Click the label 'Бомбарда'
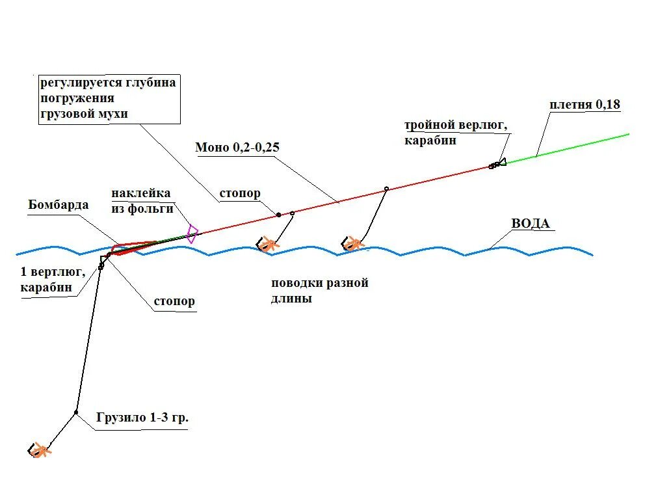(x=59, y=204)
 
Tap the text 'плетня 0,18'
(x=585, y=105)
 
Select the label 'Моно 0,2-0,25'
(x=237, y=147)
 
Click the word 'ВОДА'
(x=530, y=224)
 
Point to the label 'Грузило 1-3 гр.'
(x=142, y=418)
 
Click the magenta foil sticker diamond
(x=192, y=234)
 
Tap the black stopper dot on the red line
(x=278, y=215)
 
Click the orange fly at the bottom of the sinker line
(x=40, y=450)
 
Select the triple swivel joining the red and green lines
(x=497, y=163)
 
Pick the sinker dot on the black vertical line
(x=76, y=412)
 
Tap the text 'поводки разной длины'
(x=320, y=291)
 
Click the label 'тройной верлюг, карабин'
(x=456, y=133)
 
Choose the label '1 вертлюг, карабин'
(x=53, y=280)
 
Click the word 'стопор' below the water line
(x=174, y=301)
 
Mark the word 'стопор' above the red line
(x=240, y=193)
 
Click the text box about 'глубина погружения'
(x=109, y=99)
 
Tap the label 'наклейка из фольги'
(x=142, y=201)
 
